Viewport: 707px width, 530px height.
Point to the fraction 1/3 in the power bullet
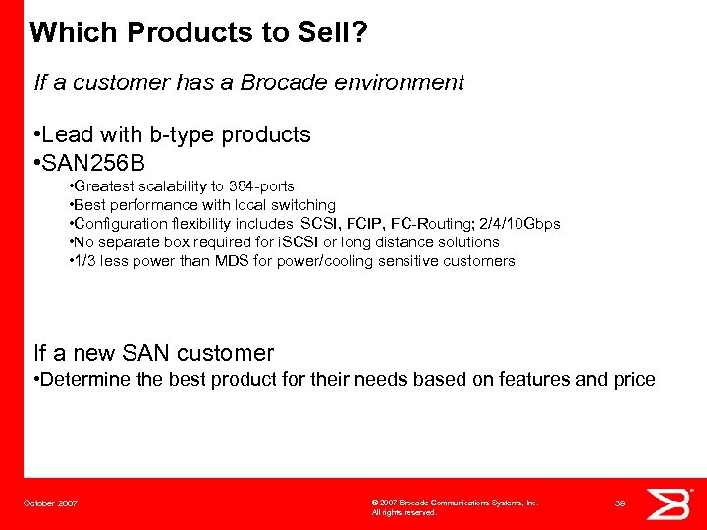(83, 261)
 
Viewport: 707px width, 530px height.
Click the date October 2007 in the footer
(51, 503)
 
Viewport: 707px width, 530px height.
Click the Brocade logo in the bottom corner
(672, 503)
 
